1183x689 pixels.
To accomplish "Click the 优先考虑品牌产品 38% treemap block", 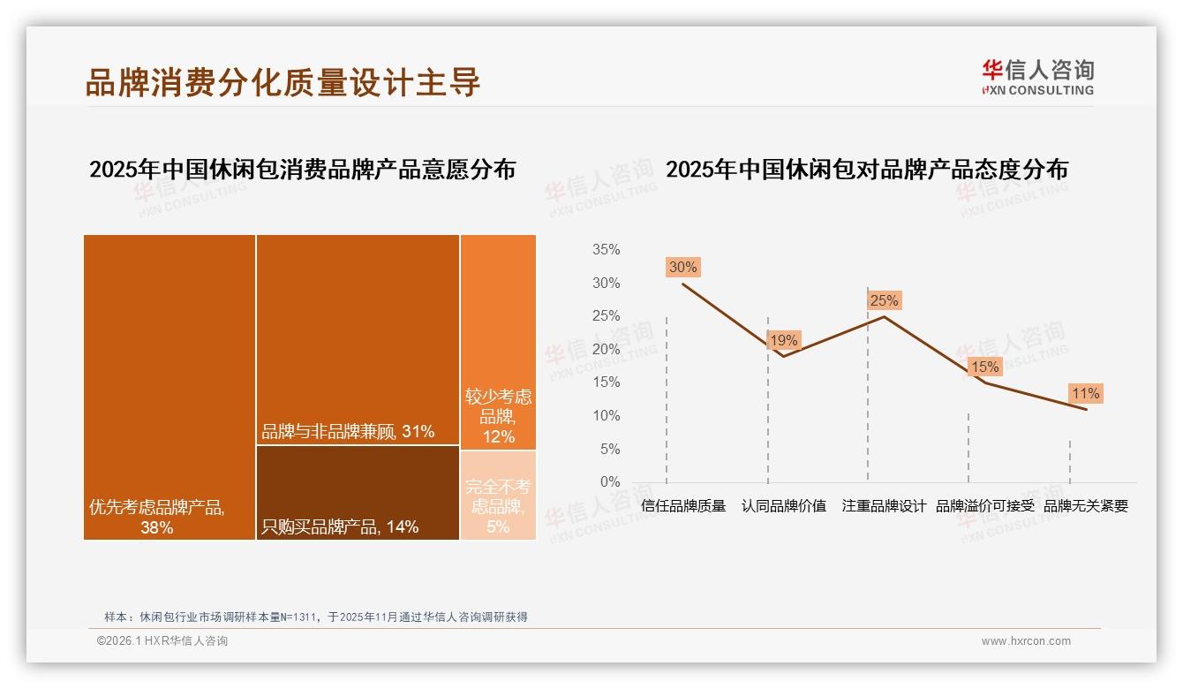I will tap(170, 387).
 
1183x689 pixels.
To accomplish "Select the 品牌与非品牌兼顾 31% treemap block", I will tap(358, 340).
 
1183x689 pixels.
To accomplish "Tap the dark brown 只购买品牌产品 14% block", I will tap(358, 492).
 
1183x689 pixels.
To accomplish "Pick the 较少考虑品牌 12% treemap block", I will tap(498, 342).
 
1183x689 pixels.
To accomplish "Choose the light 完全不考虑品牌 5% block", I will tap(498, 495).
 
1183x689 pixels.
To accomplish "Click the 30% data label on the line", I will tap(682, 267).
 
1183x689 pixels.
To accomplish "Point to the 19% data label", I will tap(783, 340).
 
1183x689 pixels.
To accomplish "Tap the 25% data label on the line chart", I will tap(884, 300).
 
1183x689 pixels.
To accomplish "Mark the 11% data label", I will tap(1085, 393).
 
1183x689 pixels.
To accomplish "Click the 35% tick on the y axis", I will tap(606, 250).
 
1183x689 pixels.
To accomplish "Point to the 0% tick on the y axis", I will tap(610, 482).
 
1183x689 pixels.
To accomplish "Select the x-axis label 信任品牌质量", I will tap(683, 506).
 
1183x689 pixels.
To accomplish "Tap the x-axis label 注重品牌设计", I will tap(884, 506).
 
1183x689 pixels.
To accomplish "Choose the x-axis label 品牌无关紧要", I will tap(1086, 506).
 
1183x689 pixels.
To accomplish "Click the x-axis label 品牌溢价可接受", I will tap(984, 506).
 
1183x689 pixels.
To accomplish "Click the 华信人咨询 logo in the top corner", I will tap(1037, 77).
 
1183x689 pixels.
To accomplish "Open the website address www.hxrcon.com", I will tap(1026, 641).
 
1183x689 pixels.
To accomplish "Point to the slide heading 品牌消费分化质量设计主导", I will tap(283, 82).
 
